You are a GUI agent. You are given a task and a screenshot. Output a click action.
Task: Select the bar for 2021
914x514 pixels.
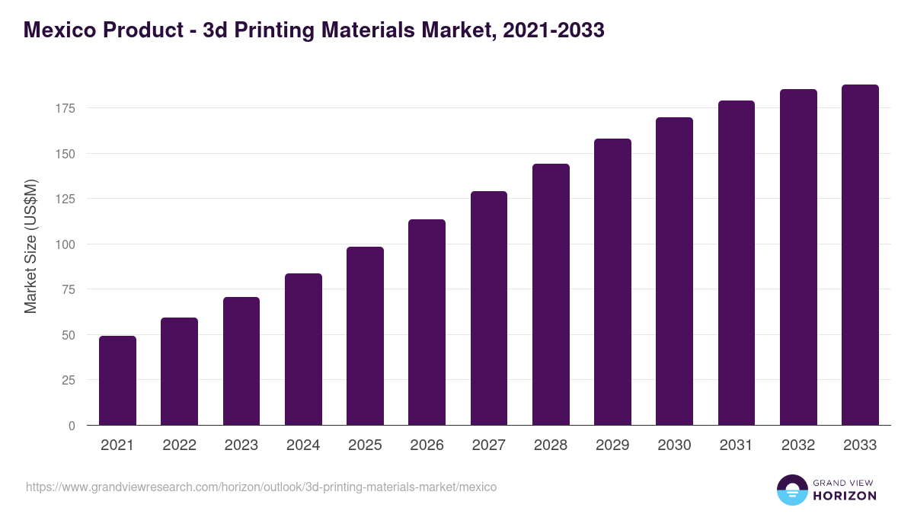tap(117, 381)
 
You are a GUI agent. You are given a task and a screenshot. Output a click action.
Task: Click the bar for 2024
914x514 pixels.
tap(303, 350)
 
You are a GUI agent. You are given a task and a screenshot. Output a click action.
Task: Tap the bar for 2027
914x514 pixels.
tap(489, 308)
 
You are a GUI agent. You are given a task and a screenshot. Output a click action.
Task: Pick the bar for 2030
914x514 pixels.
tap(674, 271)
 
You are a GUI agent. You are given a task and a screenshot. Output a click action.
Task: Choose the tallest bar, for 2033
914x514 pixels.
tap(860, 255)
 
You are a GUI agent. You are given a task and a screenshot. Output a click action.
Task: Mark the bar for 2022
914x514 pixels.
tap(179, 372)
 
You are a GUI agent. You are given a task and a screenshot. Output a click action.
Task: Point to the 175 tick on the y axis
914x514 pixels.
tap(65, 108)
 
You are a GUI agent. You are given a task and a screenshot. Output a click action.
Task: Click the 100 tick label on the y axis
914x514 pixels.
tap(65, 244)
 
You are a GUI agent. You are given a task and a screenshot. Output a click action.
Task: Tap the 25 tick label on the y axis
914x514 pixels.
tap(68, 380)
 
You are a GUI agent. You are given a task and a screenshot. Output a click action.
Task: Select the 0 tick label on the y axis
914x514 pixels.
tap(72, 426)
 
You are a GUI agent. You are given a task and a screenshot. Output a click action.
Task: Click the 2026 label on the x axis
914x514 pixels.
tap(427, 445)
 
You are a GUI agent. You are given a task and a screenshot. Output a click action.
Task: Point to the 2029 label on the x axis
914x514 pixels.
tap(612, 445)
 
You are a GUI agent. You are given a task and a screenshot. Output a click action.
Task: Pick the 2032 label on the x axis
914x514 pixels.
tap(798, 445)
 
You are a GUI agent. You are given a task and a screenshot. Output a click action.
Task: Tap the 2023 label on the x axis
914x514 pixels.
tap(241, 445)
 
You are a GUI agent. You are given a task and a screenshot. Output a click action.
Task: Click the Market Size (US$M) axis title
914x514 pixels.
tap(30, 246)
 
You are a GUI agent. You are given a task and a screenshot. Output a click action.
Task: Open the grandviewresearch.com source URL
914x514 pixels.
tap(261, 487)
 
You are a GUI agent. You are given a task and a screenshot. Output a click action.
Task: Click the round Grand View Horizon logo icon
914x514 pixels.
tap(792, 490)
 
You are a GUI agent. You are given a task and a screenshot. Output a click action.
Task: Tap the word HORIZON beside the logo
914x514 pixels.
tap(845, 496)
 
